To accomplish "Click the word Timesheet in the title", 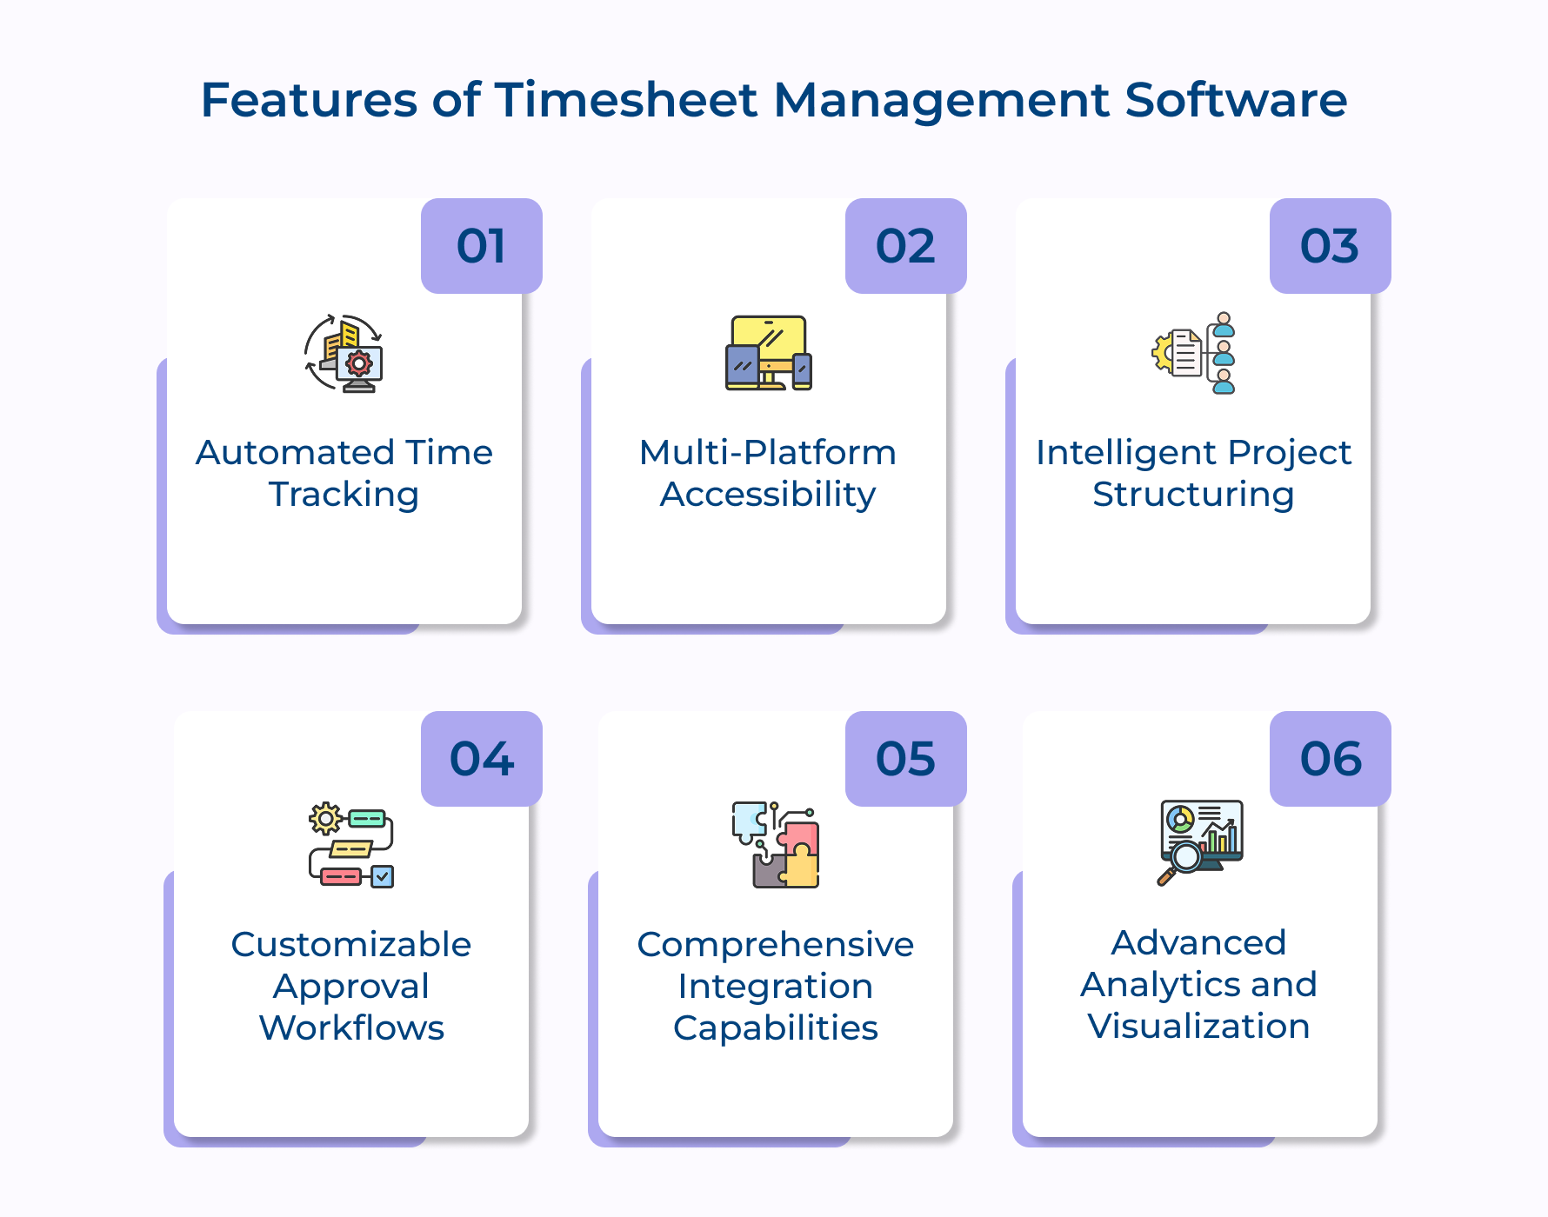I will (625, 100).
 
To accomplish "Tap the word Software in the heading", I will (1235, 100).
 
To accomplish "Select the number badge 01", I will (481, 246).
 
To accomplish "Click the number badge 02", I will (905, 246).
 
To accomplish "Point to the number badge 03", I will (1330, 246).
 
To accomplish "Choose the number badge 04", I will (481, 759).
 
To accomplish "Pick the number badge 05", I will (905, 759).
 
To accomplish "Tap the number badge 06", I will (1330, 759).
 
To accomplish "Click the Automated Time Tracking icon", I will (344, 353).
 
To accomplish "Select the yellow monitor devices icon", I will (769, 353).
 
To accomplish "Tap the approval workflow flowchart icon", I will (351, 845).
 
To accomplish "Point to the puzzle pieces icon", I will (776, 845).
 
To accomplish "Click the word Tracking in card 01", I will (344, 495).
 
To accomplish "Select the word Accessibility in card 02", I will (768, 495).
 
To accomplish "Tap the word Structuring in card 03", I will (1193, 495).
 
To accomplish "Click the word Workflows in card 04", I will (351, 1028).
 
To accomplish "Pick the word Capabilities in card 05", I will (776, 1028).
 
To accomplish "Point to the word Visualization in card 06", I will (1198, 1027).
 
